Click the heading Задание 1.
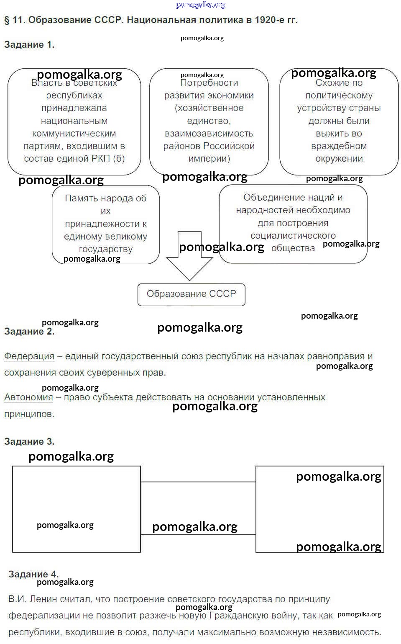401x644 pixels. point(29,45)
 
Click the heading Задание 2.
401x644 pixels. point(29,332)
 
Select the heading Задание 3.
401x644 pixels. point(29,441)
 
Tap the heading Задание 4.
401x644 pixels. point(33,574)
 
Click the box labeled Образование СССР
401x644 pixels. point(191,294)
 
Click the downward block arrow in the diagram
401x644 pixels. point(189,260)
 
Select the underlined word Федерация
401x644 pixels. point(29,356)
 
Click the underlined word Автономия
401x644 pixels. point(28,397)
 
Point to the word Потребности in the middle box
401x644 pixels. point(209,83)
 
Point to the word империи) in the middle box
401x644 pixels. point(209,159)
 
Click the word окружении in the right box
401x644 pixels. point(339,159)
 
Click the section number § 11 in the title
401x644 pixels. point(14,20)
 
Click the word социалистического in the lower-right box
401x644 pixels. point(293,236)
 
